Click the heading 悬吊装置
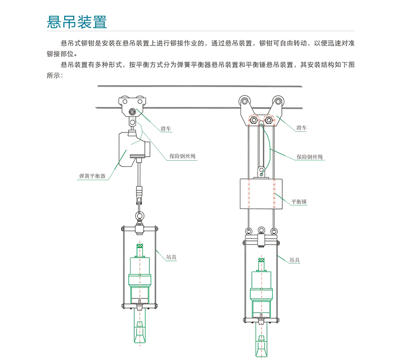tap(77, 21)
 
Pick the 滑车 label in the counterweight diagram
tap(302, 127)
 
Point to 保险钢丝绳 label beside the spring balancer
tap(182, 157)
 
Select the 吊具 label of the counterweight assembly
tap(294, 260)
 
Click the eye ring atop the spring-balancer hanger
tap(139, 216)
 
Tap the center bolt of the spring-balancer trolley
tap(133, 111)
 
